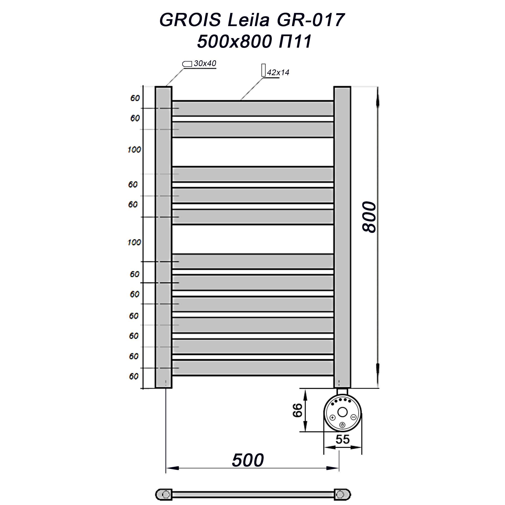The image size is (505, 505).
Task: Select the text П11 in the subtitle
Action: pos(295,42)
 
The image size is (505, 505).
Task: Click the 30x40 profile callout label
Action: pos(205,63)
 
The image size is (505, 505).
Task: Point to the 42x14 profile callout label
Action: pos(278,73)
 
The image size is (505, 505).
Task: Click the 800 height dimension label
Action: pos(369,217)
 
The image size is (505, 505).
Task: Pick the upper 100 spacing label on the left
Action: pos(134,150)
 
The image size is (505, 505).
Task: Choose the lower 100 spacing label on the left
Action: pos(134,242)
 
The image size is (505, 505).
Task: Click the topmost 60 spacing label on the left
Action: pos(135,98)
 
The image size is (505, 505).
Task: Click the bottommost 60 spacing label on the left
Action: pos(134,376)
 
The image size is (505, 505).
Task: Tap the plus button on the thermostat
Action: pos(333,417)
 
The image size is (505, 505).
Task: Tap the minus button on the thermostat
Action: pos(353,417)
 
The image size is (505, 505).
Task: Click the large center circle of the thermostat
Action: pos(342,412)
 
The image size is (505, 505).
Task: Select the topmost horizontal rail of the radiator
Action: pos(252,108)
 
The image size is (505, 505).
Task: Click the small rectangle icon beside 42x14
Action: pos(263,70)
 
